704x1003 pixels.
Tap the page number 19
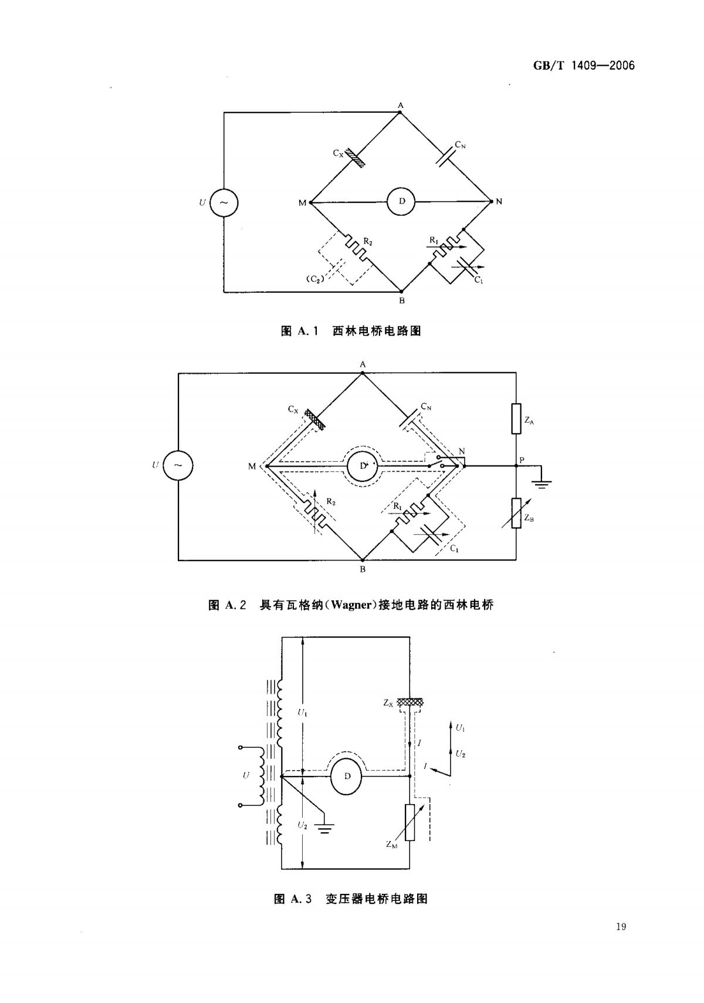[x=622, y=927]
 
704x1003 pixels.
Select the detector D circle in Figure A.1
[x=401, y=202]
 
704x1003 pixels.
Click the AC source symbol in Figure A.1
[x=224, y=202]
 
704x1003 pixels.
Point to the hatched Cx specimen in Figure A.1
[x=355, y=157]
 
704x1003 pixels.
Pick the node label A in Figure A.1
[x=401, y=105]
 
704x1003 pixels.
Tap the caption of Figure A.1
[x=351, y=331]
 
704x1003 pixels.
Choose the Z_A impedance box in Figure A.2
[x=516, y=418]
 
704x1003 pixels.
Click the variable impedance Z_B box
[x=516, y=513]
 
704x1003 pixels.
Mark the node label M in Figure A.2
[x=252, y=467]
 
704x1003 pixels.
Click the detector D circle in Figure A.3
[x=347, y=776]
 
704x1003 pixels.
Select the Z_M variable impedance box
[x=408, y=823]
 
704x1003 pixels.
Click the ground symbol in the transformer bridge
[x=324, y=828]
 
